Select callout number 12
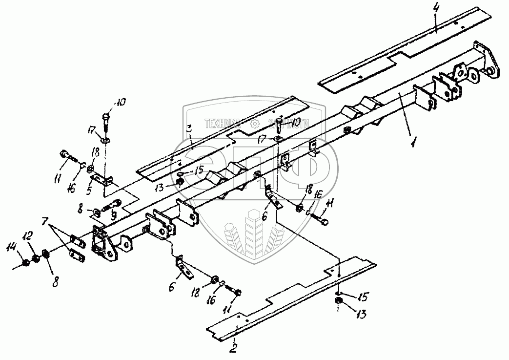click(29, 236)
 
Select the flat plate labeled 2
click(293, 293)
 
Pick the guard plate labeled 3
click(220, 137)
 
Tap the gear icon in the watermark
click(254, 124)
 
